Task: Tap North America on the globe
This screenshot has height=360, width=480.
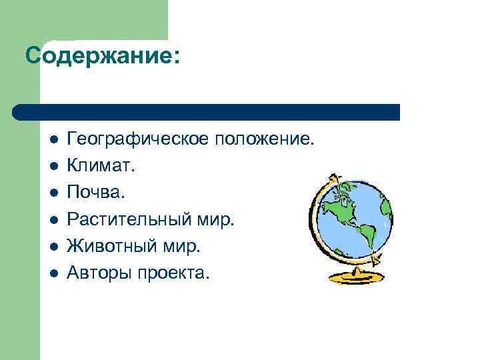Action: [341, 204]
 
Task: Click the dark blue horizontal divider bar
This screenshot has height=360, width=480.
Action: [207, 112]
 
